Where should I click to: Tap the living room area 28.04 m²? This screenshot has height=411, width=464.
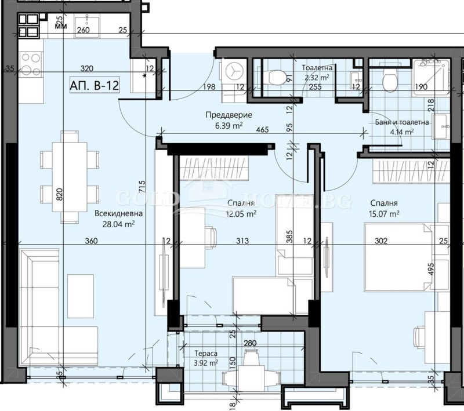click(118, 224)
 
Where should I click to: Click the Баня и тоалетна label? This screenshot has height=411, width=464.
click(402, 122)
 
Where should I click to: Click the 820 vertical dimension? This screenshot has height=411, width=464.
click(59, 194)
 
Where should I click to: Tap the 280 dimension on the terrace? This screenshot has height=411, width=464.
click(250, 344)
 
